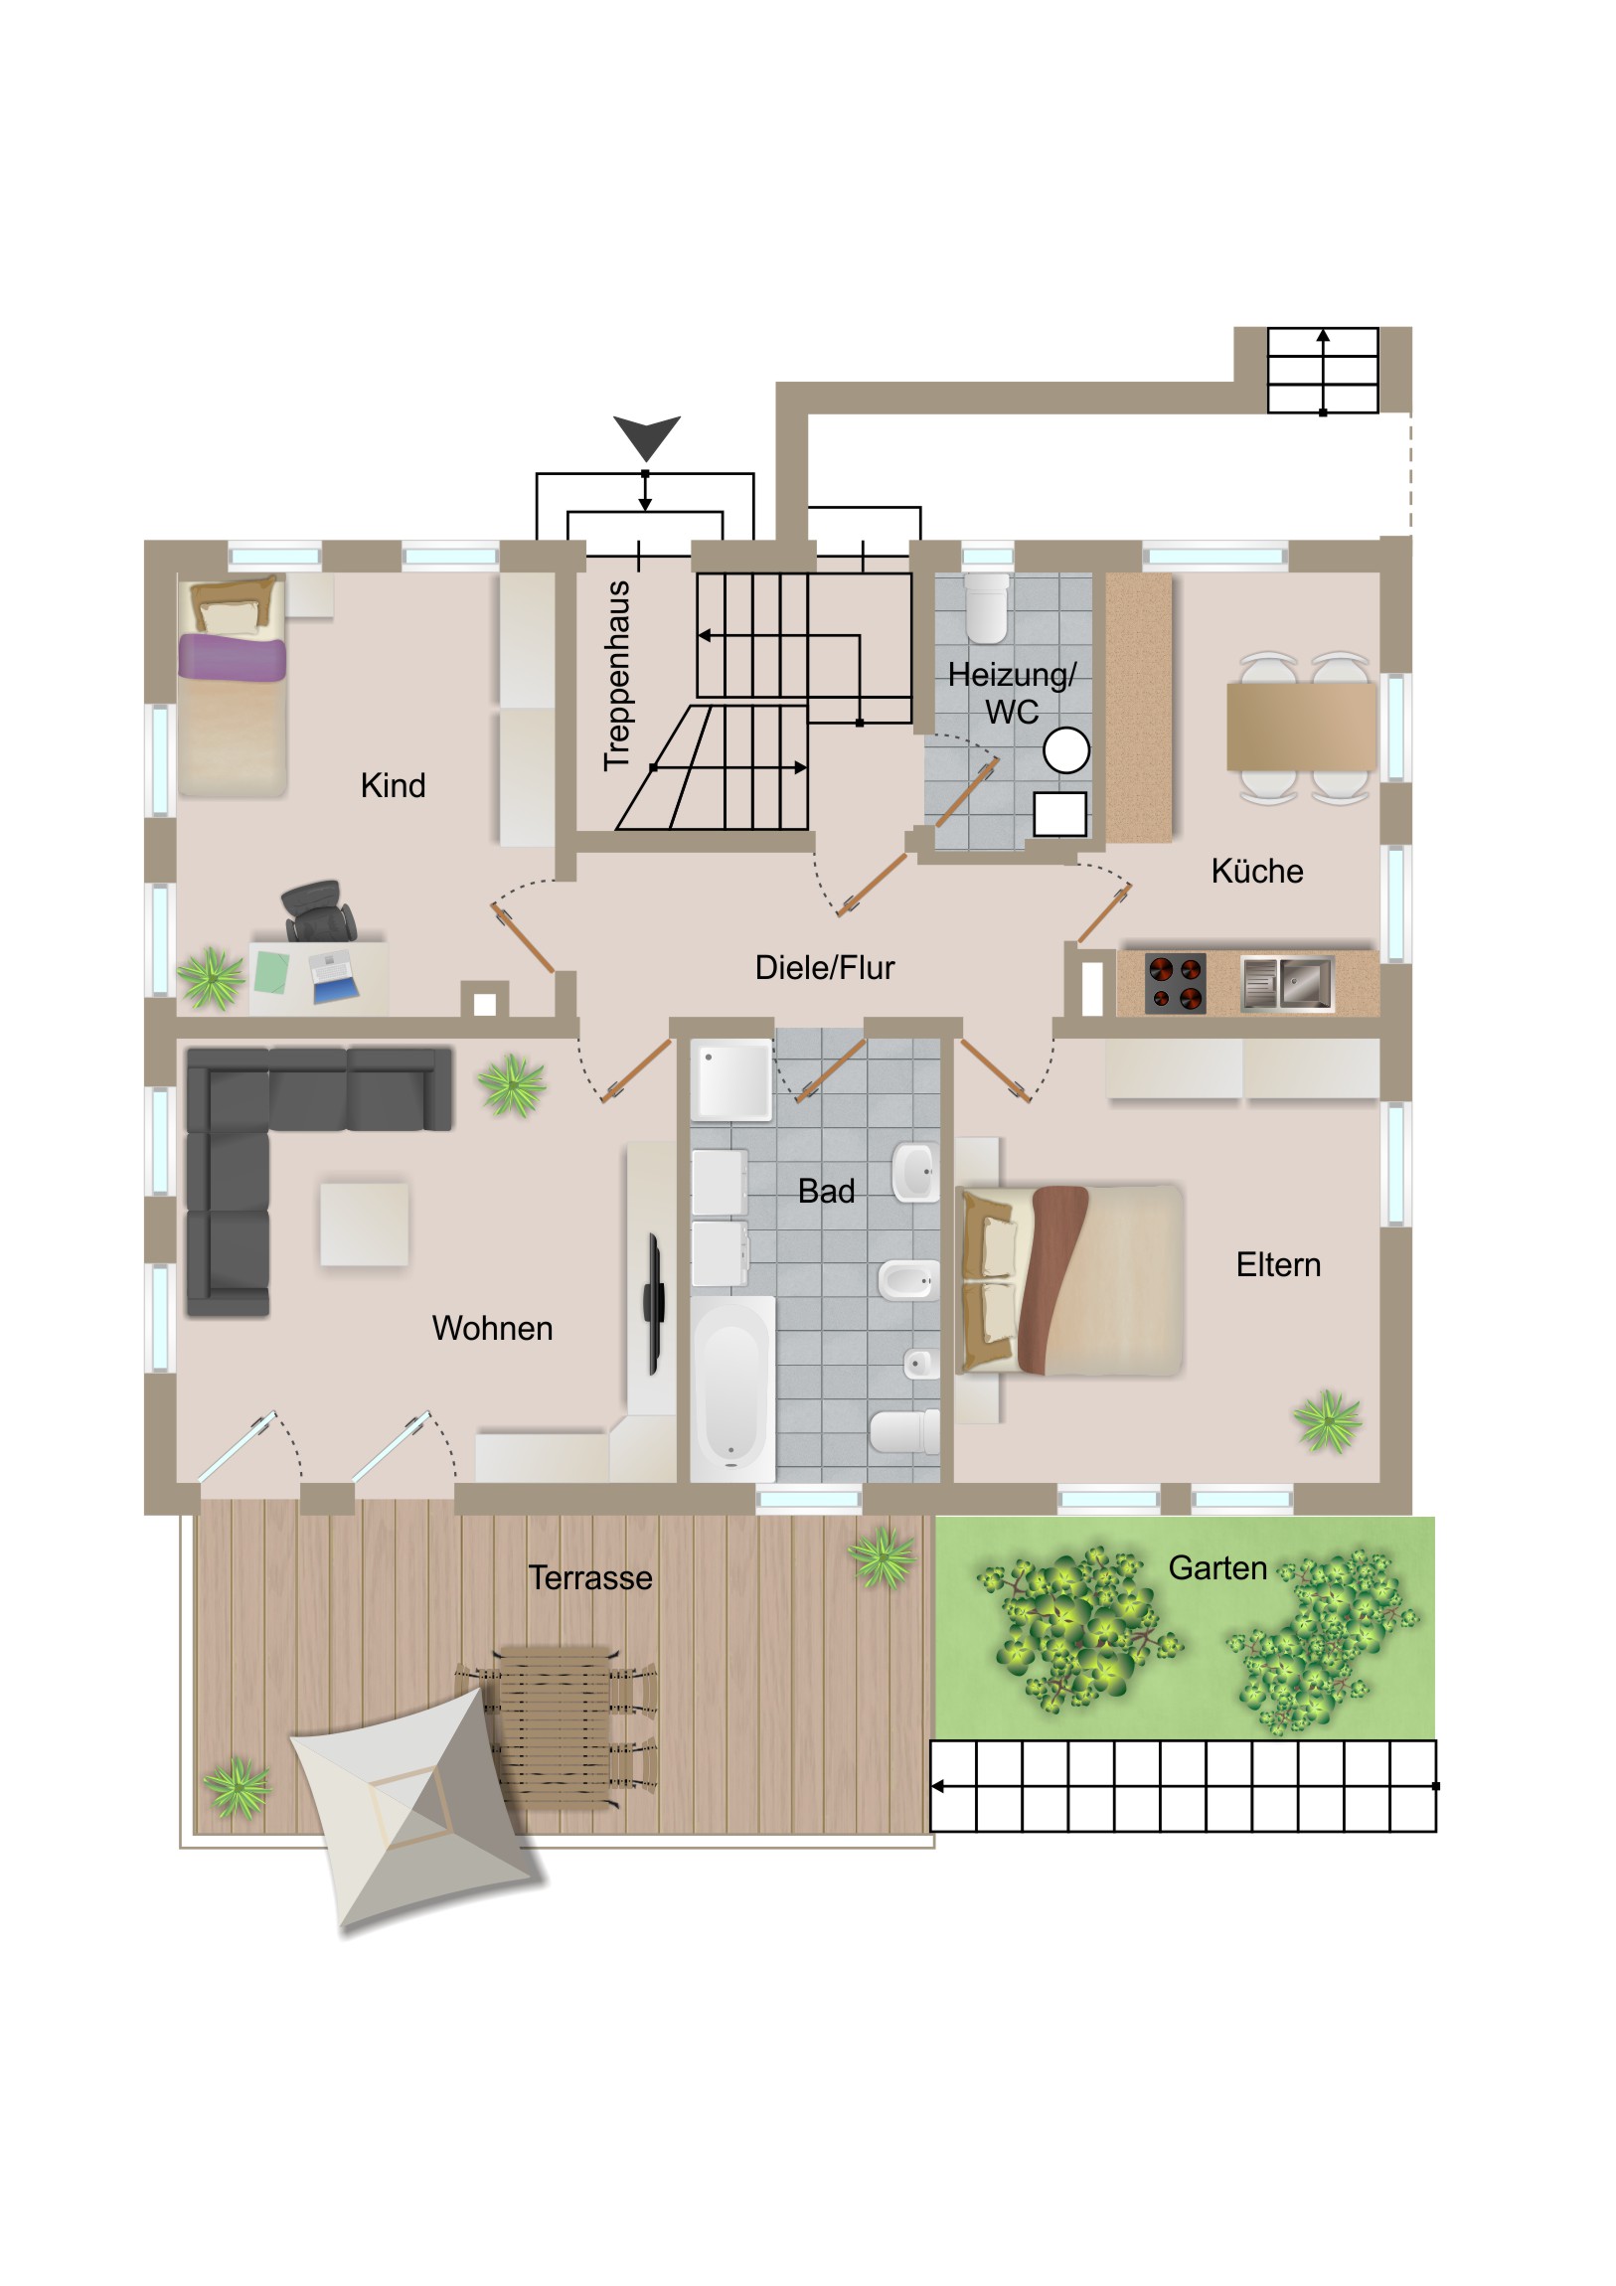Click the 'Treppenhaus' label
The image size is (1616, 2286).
[617, 676]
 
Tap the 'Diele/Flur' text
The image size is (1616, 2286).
[825, 968]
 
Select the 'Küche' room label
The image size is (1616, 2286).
[1256, 872]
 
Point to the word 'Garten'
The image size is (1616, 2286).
[1216, 1568]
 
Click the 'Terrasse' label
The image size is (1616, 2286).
[590, 1578]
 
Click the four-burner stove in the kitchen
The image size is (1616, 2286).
[1175, 984]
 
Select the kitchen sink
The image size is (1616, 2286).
[1287, 983]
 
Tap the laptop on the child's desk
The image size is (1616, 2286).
[334, 977]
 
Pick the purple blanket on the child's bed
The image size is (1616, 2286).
[232, 659]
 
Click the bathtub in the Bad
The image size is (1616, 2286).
[731, 1388]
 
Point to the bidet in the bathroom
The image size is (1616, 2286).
[908, 1279]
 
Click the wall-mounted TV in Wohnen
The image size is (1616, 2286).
[653, 1304]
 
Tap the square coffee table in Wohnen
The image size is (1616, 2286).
[364, 1224]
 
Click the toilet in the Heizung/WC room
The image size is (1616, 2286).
[986, 607]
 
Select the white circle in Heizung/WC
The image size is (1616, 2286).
[1065, 750]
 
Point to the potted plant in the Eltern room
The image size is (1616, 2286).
[1327, 1420]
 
